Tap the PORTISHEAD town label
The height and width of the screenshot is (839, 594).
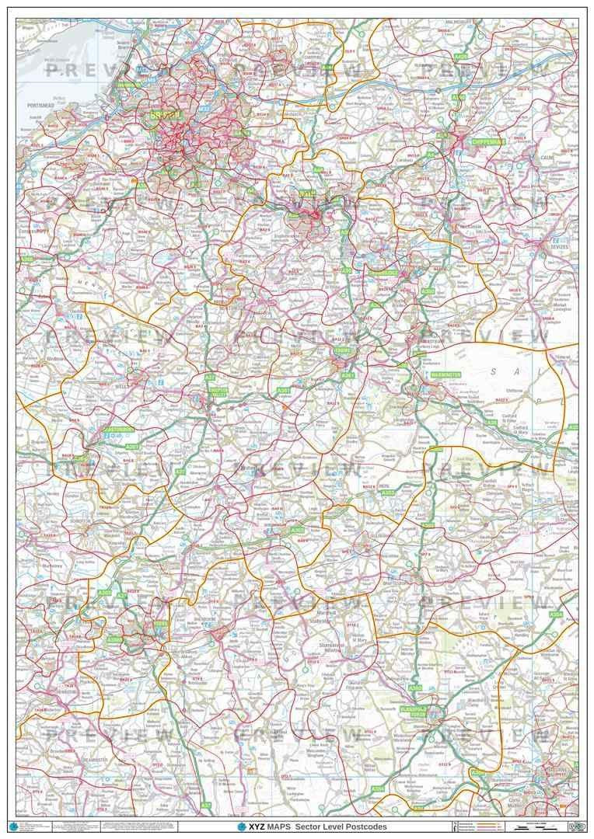click(39, 104)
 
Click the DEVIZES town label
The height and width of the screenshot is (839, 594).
click(558, 248)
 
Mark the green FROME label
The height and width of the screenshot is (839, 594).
click(343, 350)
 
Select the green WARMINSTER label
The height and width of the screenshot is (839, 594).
click(442, 374)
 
